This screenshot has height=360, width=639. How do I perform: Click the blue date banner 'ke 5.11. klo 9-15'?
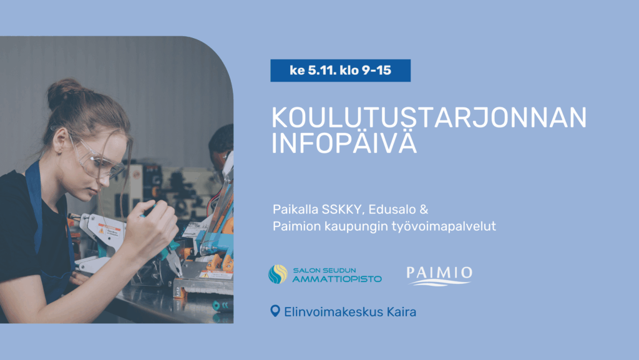pyautogui.click(x=340, y=71)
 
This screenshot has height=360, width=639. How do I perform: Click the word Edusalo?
pyautogui.click(x=391, y=208)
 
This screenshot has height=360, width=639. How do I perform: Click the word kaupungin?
pyautogui.click(x=369, y=226)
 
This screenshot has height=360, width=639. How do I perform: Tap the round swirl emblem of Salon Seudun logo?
pyautogui.click(x=278, y=274)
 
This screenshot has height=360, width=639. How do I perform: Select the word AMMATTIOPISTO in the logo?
pyautogui.click(x=337, y=278)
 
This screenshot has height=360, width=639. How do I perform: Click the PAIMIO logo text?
pyautogui.click(x=439, y=273)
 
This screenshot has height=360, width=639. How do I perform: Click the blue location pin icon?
pyautogui.click(x=275, y=310)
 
